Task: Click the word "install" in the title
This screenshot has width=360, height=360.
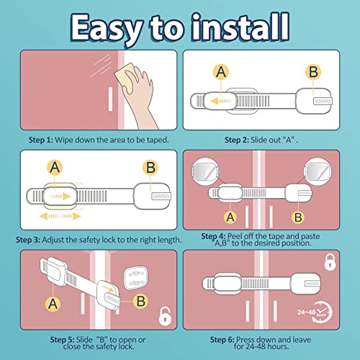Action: [240, 27]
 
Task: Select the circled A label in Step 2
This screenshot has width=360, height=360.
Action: [221, 72]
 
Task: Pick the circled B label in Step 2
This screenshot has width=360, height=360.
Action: [313, 72]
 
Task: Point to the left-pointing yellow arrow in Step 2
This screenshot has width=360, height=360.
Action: [221, 101]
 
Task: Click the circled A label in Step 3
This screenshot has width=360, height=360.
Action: [55, 167]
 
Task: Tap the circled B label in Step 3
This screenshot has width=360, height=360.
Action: [150, 167]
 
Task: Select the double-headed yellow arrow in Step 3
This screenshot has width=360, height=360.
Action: [60, 216]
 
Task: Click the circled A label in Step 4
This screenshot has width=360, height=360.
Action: [230, 217]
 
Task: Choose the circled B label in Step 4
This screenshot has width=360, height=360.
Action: [298, 217]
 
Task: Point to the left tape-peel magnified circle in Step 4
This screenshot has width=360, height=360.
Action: [205, 171]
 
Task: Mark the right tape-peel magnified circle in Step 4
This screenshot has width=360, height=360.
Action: [318, 171]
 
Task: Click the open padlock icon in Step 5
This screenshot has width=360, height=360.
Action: [165, 316]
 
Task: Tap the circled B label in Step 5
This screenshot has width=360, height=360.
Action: [140, 301]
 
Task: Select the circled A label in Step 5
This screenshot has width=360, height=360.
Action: [53, 304]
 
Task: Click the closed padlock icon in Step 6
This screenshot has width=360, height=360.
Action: [330, 262]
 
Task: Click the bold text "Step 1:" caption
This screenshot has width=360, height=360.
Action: [40, 140]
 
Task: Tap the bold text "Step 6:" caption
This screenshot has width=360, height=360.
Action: [222, 340]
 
